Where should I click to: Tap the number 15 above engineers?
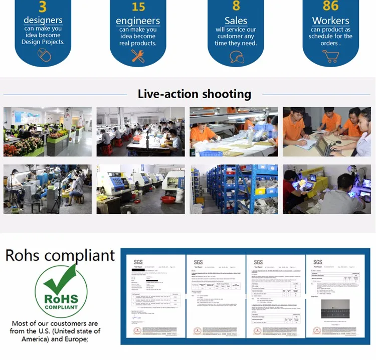click(x=138, y=7)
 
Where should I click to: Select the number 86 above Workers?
click(x=331, y=6)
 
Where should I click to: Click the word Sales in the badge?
click(x=236, y=21)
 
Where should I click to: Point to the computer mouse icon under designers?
click(x=44, y=55)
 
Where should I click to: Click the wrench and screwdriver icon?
click(x=138, y=56)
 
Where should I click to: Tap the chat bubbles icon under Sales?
click(x=236, y=57)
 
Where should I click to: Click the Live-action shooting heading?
click(x=195, y=94)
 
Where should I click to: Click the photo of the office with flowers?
click(x=48, y=132)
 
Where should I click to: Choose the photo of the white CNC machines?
click(x=140, y=189)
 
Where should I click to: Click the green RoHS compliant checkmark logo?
click(x=61, y=291)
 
